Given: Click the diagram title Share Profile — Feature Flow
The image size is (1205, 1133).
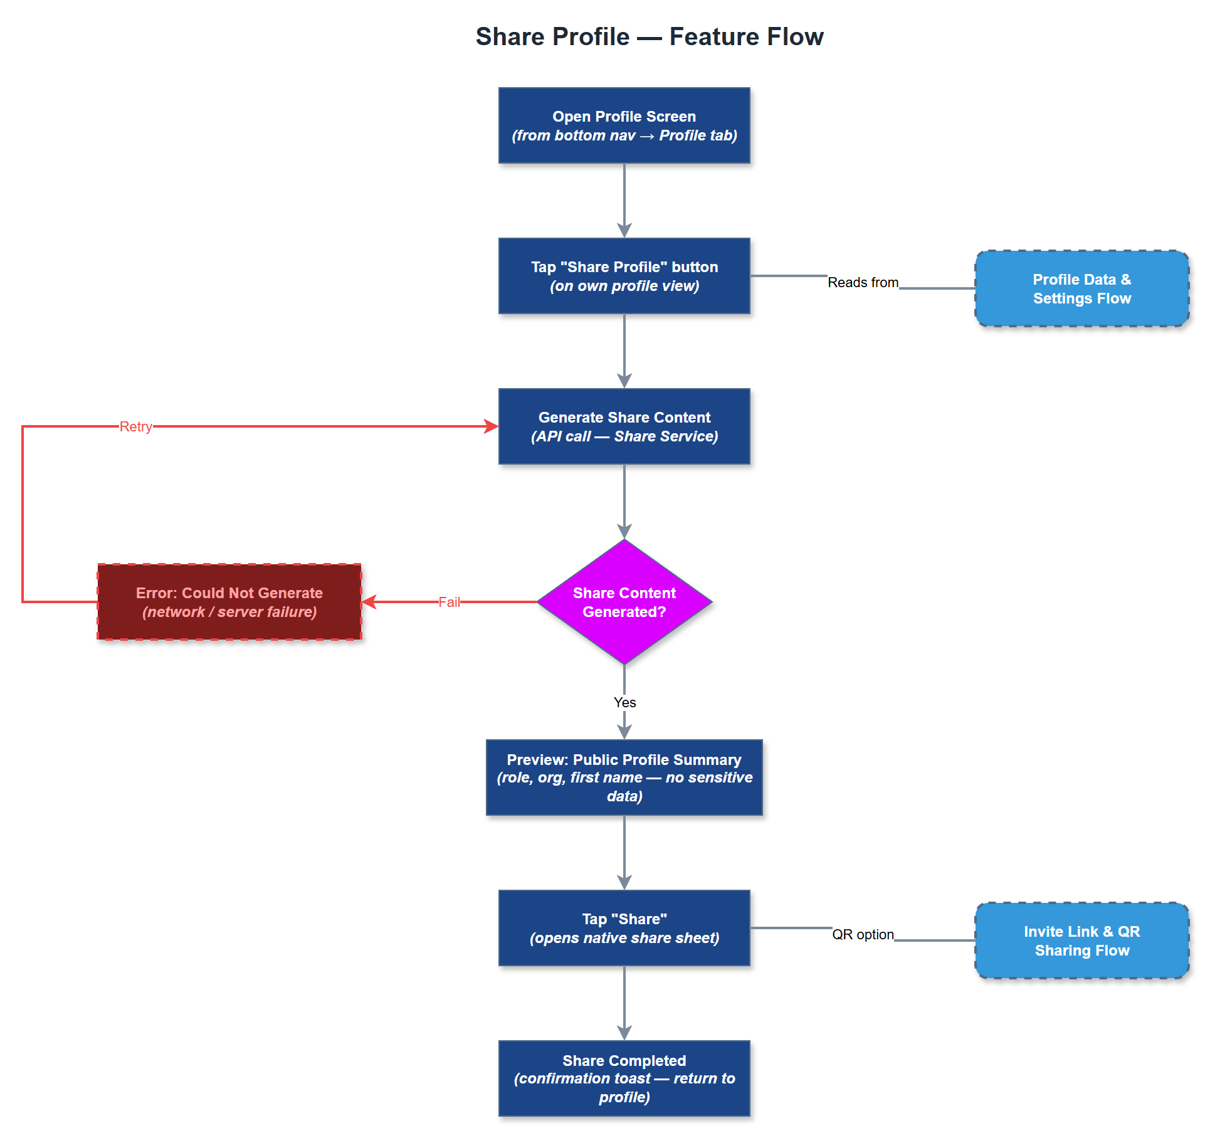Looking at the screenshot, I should pyautogui.click(x=649, y=36).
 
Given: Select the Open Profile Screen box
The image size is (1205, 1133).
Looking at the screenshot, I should pyautogui.click(x=624, y=125).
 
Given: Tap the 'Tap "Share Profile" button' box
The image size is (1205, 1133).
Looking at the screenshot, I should pyautogui.click(x=624, y=276).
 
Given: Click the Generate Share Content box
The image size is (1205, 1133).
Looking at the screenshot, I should pyautogui.click(x=624, y=426).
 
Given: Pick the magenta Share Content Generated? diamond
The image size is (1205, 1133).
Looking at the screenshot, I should pyautogui.click(x=624, y=602).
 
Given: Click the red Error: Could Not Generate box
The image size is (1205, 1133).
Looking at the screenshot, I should pyautogui.click(x=229, y=602).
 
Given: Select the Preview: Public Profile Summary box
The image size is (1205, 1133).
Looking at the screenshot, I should pyautogui.click(x=624, y=777).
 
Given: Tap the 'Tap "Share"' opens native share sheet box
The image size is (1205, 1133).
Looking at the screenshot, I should pyautogui.click(x=624, y=928).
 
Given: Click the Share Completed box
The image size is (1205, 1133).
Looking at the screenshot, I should pyautogui.click(x=624, y=1078).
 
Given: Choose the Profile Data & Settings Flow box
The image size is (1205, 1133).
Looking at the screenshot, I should pyautogui.click(x=1081, y=288).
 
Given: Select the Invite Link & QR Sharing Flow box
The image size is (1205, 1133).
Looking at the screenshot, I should pyautogui.click(x=1081, y=941).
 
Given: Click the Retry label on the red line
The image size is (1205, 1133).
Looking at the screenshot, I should pyautogui.click(x=136, y=426).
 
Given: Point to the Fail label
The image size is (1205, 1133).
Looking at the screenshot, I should pyautogui.click(x=449, y=602).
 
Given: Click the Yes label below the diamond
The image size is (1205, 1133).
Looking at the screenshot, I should pyautogui.click(x=624, y=702).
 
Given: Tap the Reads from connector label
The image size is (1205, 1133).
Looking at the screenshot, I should pyautogui.click(x=863, y=282).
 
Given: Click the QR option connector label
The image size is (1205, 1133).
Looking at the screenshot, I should pyautogui.click(x=863, y=934).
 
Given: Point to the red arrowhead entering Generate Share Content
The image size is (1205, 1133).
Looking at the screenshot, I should pyautogui.click(x=492, y=426).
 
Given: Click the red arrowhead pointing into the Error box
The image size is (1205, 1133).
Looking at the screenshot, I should pyautogui.click(x=369, y=602).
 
